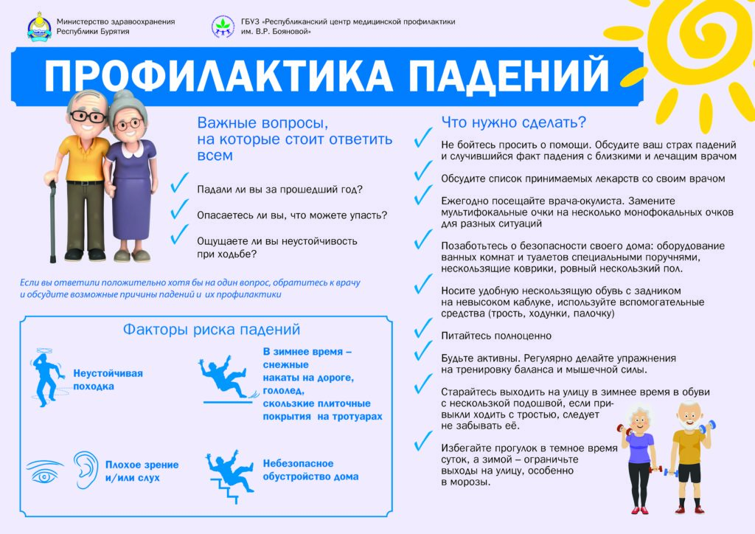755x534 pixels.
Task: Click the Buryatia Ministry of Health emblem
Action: click(x=39, y=27)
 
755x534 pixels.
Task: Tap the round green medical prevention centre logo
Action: click(x=223, y=27)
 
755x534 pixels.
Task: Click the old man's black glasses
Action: click(x=88, y=117)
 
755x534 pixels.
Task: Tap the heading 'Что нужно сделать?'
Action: click(x=514, y=122)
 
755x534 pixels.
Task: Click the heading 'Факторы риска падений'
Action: click(x=212, y=330)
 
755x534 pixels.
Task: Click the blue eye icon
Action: click(x=44, y=471)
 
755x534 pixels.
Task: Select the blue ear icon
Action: click(x=86, y=470)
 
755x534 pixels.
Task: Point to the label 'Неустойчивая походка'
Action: click(x=108, y=379)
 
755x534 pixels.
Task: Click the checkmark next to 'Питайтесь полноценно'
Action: click(x=422, y=328)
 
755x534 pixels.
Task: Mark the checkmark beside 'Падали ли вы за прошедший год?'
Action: click(x=179, y=182)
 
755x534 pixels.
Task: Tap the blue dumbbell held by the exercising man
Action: click(x=707, y=427)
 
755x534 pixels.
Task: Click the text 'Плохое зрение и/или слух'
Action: click(x=142, y=471)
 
